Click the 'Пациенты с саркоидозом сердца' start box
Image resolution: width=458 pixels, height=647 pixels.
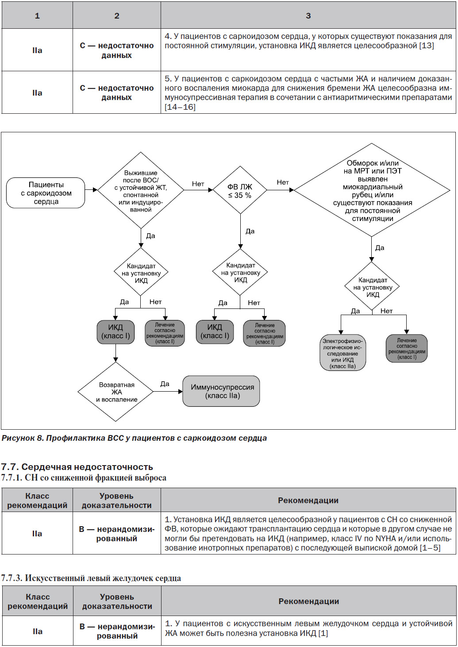(x=46, y=193)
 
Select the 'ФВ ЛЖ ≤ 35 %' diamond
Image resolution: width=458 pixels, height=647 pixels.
(x=240, y=190)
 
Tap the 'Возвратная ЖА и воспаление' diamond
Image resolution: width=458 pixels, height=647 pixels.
(x=115, y=392)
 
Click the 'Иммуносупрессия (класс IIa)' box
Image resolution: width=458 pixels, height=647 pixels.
(x=221, y=391)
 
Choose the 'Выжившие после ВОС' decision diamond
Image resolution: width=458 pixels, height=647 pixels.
(x=141, y=190)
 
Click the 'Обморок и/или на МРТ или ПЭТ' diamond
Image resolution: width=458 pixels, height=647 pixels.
(x=372, y=190)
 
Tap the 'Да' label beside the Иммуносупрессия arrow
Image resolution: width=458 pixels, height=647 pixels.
(x=165, y=384)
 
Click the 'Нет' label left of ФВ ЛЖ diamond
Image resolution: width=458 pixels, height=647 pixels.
(x=198, y=184)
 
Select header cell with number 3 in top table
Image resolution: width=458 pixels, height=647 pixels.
(x=308, y=15)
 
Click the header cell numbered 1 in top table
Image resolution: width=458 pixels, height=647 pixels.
(x=37, y=15)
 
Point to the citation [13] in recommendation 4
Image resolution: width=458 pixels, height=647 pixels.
(x=426, y=46)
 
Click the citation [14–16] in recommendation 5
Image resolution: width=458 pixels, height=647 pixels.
(x=180, y=107)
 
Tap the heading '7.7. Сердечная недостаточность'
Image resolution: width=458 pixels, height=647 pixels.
(x=77, y=467)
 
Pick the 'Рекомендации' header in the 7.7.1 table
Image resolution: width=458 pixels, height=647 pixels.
(x=308, y=500)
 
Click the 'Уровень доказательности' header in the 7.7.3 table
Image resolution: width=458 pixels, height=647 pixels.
(x=117, y=601)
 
